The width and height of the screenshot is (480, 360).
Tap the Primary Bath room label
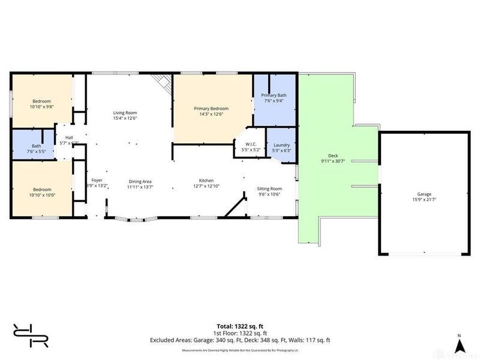click(x=274, y=95)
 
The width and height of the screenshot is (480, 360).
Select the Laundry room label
click(x=281, y=145)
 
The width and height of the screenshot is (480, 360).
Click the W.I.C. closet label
click(x=250, y=145)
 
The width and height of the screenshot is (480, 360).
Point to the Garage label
click(x=424, y=194)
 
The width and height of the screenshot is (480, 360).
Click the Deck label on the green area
click(x=326, y=155)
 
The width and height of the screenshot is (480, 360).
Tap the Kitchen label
click(x=207, y=181)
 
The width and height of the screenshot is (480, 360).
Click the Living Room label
click(x=125, y=113)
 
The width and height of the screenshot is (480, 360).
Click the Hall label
click(x=69, y=137)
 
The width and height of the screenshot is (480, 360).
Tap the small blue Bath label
click(x=37, y=146)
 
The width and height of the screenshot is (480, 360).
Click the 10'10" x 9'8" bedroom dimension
click(x=41, y=106)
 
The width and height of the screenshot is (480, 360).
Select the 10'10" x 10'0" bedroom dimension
click(x=41, y=194)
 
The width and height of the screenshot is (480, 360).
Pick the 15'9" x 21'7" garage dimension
click(x=424, y=200)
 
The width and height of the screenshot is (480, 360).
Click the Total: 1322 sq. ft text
click(x=240, y=325)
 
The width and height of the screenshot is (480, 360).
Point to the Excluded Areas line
click(x=240, y=340)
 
